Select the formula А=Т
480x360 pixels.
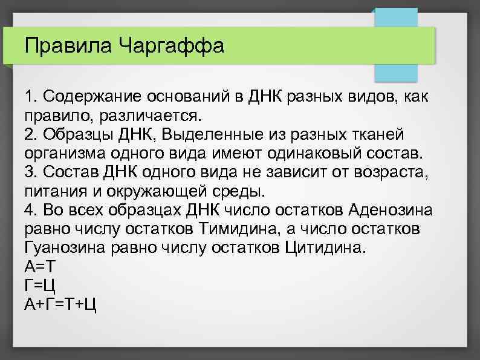(41, 266)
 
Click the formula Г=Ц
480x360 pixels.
(41, 285)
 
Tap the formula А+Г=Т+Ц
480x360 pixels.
(60, 304)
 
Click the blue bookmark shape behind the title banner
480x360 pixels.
(396, 70)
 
